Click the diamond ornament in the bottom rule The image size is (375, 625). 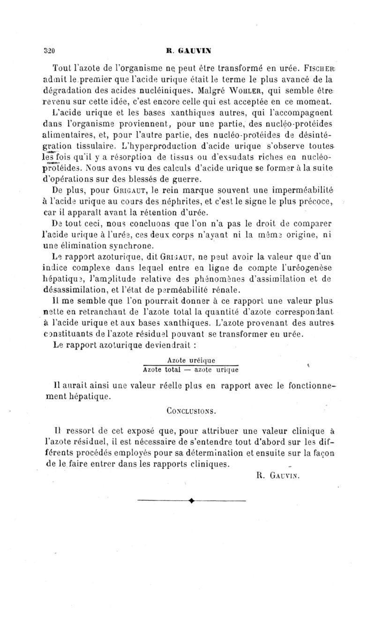coord(191,501)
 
